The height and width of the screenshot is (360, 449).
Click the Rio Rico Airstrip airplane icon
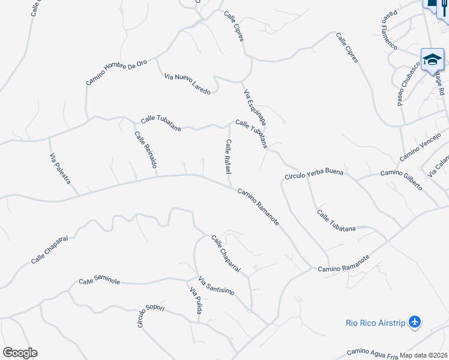[x=414, y=322]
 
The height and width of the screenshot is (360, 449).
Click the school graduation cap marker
[x=432, y=59]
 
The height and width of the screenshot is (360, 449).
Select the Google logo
[x=20, y=352]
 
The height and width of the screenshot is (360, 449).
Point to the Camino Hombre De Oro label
[x=116, y=72]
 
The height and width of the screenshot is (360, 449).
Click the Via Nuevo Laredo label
[x=187, y=84]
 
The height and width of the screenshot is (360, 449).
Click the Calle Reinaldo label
[x=146, y=149]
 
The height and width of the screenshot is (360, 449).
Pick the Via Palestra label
[x=60, y=169]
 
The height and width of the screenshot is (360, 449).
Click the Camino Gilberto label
[x=402, y=179]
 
